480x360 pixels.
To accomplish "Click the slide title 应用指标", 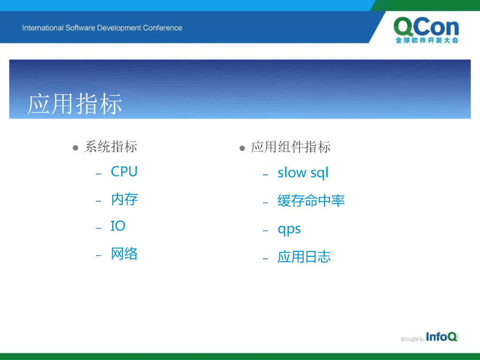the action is (75, 104).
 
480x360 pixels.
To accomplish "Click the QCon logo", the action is (427, 30).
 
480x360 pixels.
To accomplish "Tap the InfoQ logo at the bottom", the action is (442, 337).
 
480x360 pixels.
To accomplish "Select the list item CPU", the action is (124, 172).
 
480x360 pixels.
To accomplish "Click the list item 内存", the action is (124, 199).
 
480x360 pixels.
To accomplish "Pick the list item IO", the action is (118, 226).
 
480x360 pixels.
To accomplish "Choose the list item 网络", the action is (124, 254).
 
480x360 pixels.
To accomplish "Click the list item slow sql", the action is (303, 172).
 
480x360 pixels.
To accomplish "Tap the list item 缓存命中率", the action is (311, 201).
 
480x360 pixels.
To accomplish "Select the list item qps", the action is (289, 229).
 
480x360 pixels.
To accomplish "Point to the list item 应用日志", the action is (304, 257).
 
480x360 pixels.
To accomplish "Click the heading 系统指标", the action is (111, 147).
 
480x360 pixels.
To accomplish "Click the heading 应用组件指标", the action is (291, 147).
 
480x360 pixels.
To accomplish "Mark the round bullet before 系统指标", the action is (75, 148).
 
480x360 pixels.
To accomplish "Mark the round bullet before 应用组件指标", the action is (242, 149).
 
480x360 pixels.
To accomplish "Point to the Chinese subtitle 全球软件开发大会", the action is (427, 40).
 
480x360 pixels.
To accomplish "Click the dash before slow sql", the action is (265, 175).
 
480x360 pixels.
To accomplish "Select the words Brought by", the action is (412, 339).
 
